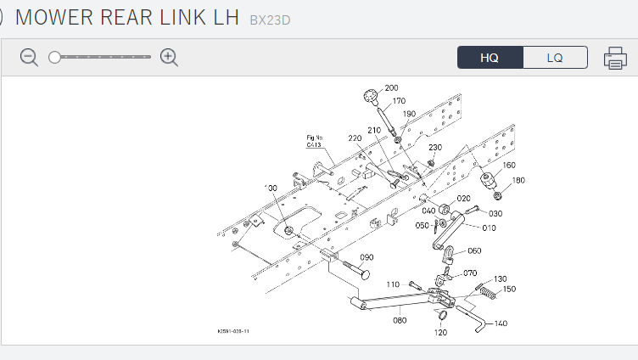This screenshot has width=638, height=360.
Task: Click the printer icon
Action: (615, 58)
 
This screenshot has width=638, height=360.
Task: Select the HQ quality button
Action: (490, 58)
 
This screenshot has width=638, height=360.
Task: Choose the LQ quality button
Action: (555, 58)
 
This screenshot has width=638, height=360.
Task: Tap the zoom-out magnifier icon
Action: (30, 58)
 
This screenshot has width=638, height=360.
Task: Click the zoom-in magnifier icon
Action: (169, 58)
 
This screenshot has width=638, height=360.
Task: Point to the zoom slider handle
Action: (55, 58)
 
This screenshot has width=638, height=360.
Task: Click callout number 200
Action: (391, 87)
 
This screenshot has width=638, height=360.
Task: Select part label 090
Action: (367, 257)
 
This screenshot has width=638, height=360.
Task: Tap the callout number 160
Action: (509, 165)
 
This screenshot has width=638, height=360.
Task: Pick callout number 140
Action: (501, 323)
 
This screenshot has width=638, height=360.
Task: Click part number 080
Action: (400, 320)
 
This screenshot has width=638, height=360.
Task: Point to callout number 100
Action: (271, 188)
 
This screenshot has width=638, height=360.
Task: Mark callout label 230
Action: (435, 147)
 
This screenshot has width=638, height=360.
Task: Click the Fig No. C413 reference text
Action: (316, 141)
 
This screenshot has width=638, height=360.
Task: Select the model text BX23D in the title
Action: (270, 20)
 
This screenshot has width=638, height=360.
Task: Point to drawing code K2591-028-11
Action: (234, 331)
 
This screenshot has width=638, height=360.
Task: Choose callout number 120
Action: (441, 333)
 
